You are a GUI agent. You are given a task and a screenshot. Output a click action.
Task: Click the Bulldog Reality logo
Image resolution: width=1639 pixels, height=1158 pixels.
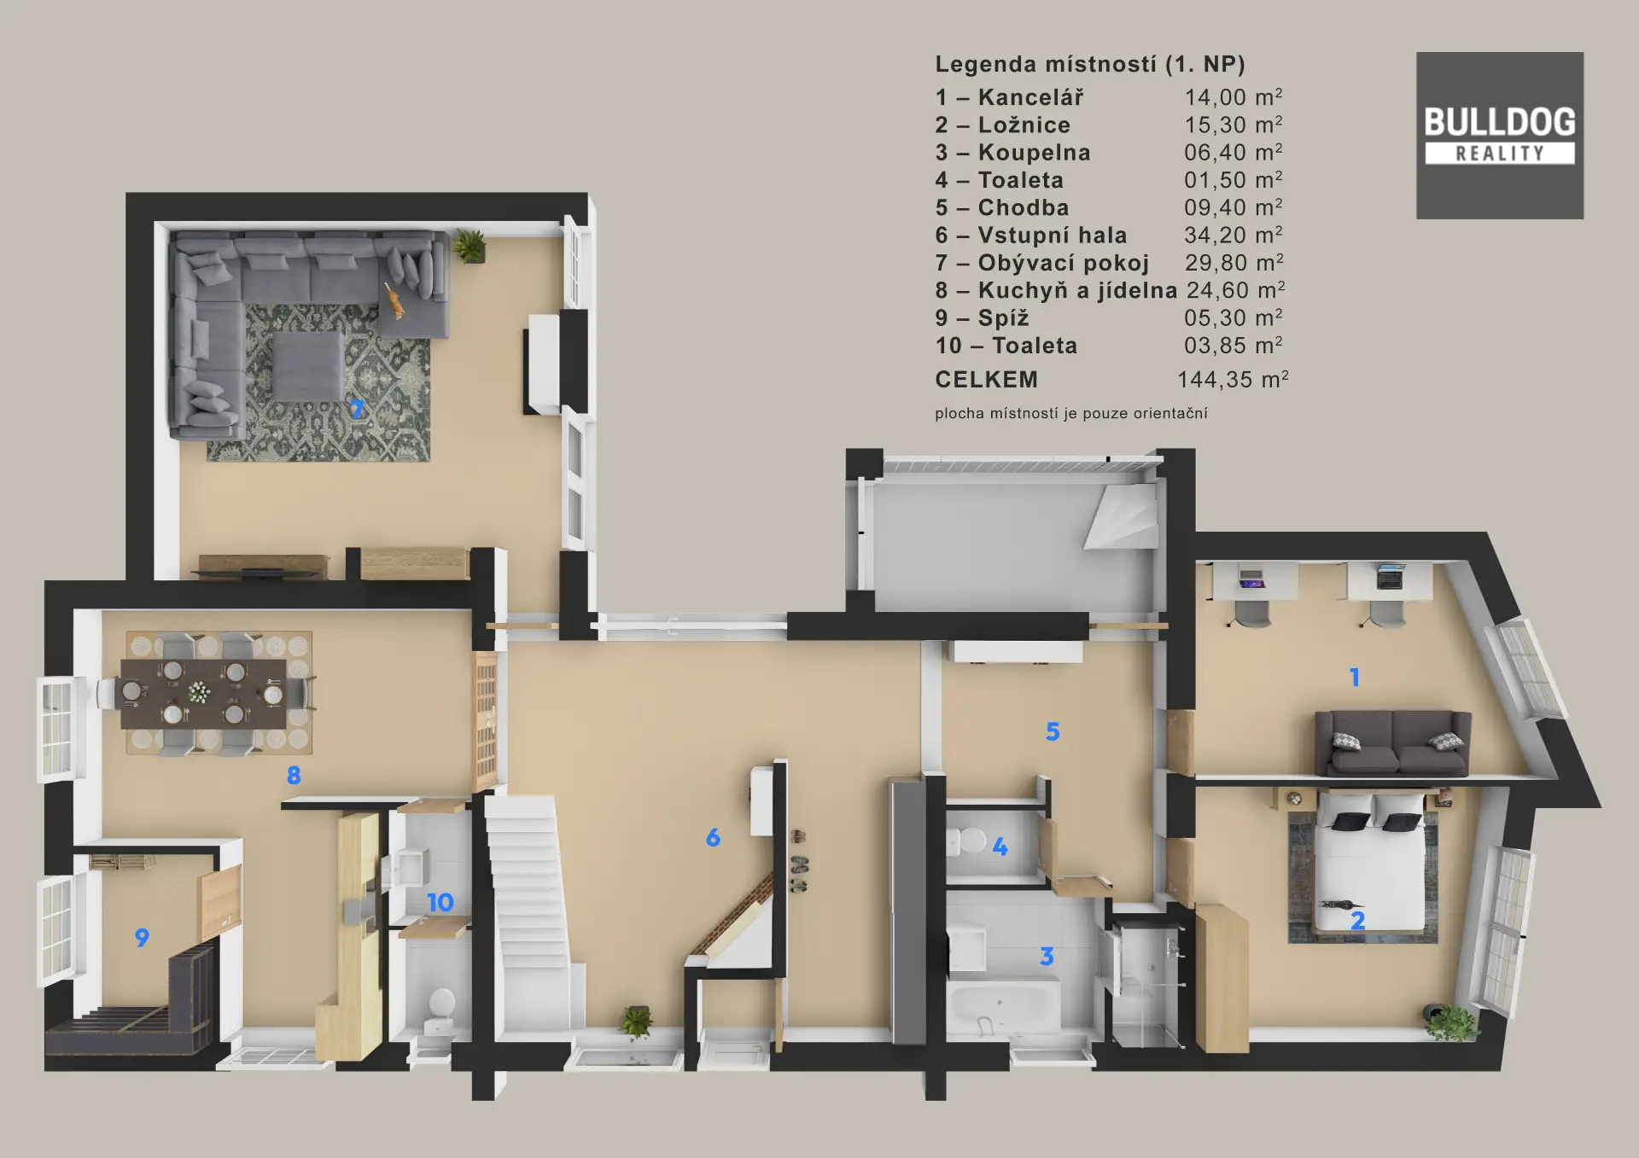1500,136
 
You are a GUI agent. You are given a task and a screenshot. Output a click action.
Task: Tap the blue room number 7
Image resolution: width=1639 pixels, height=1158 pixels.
357,409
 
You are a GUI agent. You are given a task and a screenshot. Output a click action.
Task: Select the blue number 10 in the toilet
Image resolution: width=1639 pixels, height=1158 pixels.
440,902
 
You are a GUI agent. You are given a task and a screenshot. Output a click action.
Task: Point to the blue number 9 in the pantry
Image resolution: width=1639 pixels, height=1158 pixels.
142,938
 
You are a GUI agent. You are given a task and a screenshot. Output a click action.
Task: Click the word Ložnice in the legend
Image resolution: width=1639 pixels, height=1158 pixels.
1024,125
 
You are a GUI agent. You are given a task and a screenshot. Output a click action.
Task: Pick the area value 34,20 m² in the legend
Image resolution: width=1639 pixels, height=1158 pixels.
1234,235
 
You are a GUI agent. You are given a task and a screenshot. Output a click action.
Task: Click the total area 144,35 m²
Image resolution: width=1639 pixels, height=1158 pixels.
1233,379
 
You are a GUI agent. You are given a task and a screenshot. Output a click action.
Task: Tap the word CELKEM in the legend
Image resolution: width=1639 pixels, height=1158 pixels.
987,380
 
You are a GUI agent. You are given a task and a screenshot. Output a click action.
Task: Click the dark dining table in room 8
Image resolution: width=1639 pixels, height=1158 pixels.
204,693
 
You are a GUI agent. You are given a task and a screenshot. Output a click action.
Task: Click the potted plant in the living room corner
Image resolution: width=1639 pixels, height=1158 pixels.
470,246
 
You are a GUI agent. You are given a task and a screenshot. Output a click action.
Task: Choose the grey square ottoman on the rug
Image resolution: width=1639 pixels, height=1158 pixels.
308,366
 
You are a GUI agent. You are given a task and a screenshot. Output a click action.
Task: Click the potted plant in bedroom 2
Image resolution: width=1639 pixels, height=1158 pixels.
1452,1021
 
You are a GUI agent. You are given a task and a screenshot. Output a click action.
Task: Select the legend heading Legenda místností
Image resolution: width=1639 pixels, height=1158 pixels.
1046,65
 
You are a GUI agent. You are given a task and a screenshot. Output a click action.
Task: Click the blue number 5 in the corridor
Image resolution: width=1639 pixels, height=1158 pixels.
1053,731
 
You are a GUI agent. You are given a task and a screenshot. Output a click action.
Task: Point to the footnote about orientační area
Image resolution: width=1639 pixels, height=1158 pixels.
1071,414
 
